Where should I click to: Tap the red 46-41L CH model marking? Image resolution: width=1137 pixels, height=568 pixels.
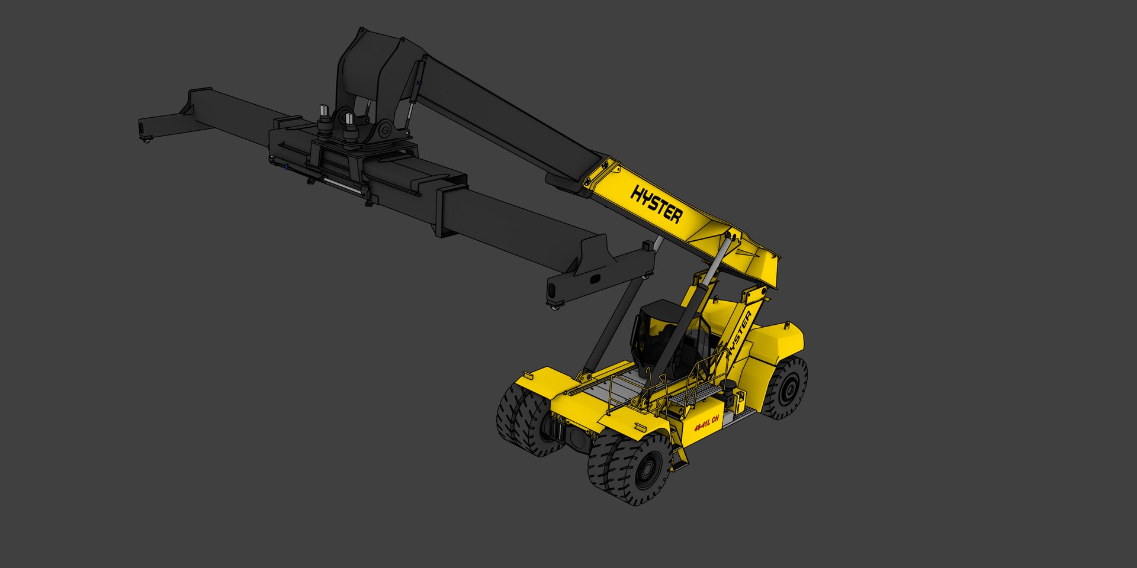[706, 423]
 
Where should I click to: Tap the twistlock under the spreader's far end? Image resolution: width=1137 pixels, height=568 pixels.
[146, 139]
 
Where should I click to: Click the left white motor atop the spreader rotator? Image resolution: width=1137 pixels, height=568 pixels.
[324, 111]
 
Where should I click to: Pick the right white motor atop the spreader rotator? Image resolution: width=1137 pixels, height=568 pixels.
[349, 119]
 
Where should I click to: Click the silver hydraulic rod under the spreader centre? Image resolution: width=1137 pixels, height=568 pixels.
[343, 185]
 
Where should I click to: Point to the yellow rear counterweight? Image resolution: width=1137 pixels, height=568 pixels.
[776, 343]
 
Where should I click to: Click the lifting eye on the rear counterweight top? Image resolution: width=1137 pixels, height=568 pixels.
[786, 325]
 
